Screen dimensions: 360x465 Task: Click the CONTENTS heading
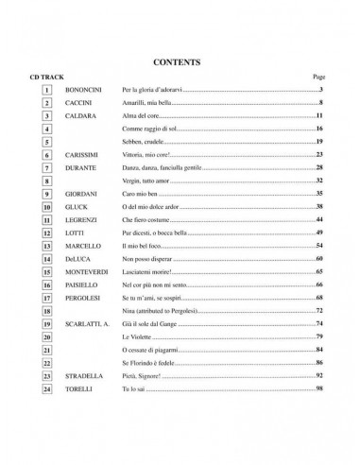(x=180, y=63)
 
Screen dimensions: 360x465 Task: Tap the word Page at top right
(x=317, y=77)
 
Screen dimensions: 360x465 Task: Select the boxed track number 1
(x=46, y=89)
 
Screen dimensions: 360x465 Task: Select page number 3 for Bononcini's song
(x=322, y=89)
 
